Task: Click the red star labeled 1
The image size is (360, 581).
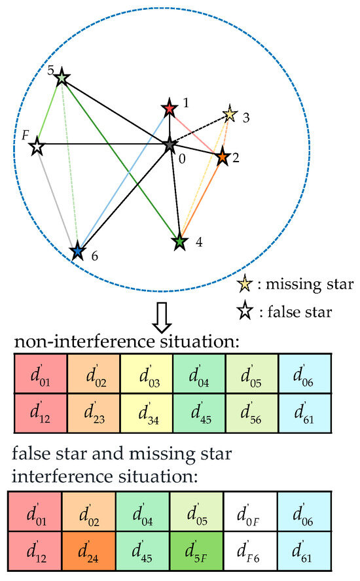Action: tap(170, 109)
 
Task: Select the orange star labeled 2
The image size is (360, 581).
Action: tap(222, 157)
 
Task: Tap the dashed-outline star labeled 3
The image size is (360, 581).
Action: tap(230, 114)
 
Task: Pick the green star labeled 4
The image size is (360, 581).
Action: tap(180, 241)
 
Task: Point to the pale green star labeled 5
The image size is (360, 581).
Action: tap(62, 78)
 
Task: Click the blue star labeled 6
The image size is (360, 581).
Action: tap(77, 252)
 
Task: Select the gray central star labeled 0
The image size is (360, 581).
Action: tap(170, 145)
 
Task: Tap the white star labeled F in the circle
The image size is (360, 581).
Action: tap(37, 147)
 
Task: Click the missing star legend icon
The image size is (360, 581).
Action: tap(245, 285)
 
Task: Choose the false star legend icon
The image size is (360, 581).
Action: tap(245, 311)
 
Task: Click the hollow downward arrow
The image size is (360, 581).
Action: tap(162, 317)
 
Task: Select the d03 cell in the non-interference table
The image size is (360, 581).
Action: tap(147, 374)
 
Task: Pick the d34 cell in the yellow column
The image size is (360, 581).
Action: tap(147, 413)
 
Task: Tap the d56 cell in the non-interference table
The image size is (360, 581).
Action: tap(252, 413)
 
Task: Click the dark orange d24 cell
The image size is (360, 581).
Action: tap(89, 551)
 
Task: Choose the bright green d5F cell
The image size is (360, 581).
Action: tap(196, 551)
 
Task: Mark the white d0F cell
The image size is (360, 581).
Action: tap(250, 512)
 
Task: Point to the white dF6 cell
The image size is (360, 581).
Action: tap(250, 551)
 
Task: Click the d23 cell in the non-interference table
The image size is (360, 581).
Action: tap(94, 413)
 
